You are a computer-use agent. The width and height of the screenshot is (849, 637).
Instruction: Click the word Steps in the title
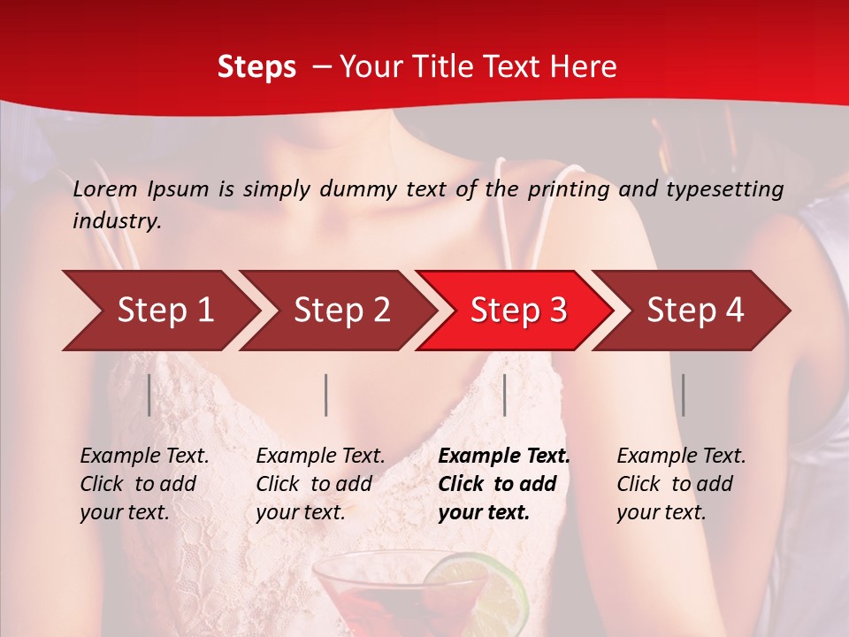pyautogui.click(x=256, y=66)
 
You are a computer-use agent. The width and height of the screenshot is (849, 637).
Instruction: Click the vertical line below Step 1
pyautogui.click(x=149, y=395)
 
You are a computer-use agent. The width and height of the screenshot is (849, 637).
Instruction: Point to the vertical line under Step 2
pyautogui.click(x=326, y=395)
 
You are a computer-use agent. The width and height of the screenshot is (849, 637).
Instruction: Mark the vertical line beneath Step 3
pyautogui.click(x=504, y=395)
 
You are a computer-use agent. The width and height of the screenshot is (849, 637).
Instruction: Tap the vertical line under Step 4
pyautogui.click(x=683, y=395)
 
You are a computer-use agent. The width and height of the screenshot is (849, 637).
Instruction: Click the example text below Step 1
pyautogui.click(x=144, y=484)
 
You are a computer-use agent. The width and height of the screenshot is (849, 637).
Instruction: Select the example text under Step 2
pyautogui.click(x=320, y=484)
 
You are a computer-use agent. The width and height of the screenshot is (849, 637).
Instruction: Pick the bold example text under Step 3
pyautogui.click(x=504, y=484)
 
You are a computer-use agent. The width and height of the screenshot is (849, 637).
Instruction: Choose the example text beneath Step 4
pyautogui.click(x=681, y=484)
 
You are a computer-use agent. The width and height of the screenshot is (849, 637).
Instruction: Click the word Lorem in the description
pyautogui.click(x=105, y=188)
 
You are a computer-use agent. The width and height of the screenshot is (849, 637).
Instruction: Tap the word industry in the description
pyautogui.click(x=116, y=221)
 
